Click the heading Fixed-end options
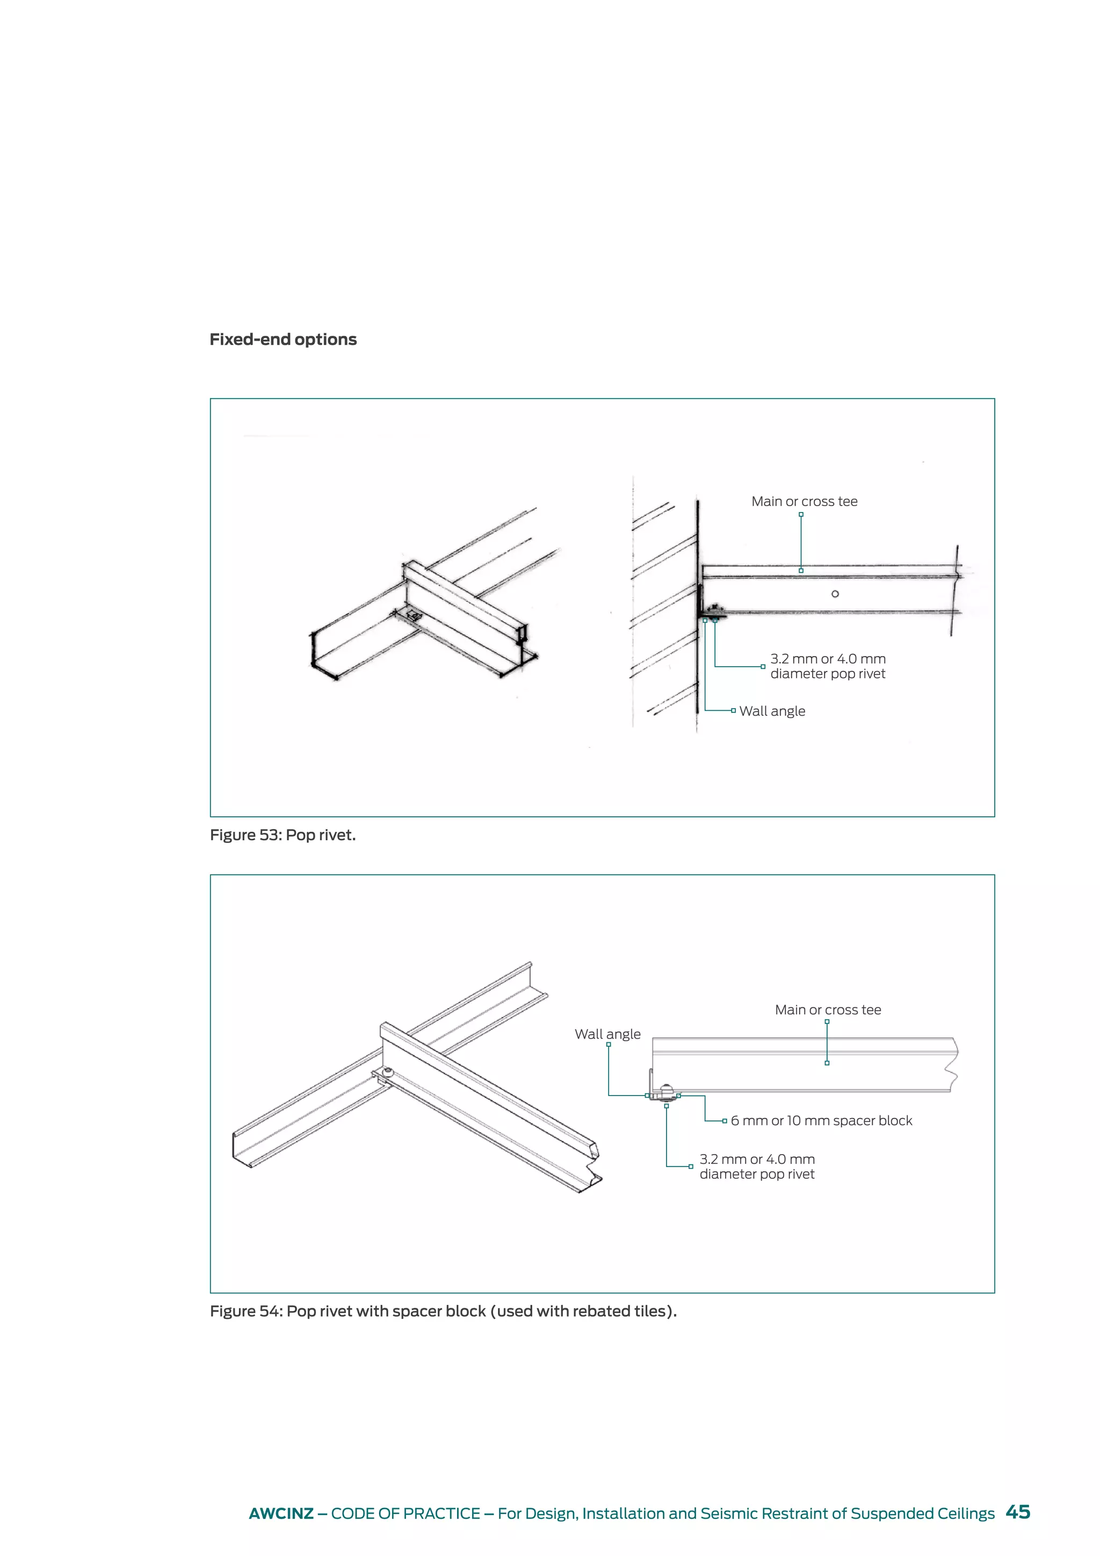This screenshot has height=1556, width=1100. click(283, 340)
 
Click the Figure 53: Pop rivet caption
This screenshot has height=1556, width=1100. click(283, 835)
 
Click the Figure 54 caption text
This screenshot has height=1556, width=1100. click(443, 1312)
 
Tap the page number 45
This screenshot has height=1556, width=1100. click(1017, 1512)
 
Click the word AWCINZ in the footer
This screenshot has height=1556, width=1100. click(280, 1514)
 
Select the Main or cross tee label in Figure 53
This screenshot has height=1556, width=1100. click(804, 501)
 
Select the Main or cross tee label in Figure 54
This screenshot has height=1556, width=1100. click(828, 1010)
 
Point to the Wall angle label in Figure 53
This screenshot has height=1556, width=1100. click(772, 711)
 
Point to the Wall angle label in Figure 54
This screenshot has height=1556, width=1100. click(607, 1034)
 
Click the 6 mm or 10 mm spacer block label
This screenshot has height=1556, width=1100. click(821, 1121)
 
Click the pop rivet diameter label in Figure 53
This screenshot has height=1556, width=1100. click(828, 666)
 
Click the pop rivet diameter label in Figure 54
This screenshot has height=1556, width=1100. click(757, 1166)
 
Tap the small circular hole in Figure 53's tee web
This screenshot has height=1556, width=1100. click(835, 594)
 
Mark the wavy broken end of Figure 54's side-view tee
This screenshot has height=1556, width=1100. click(952, 1065)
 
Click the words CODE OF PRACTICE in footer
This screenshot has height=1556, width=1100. click(405, 1514)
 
